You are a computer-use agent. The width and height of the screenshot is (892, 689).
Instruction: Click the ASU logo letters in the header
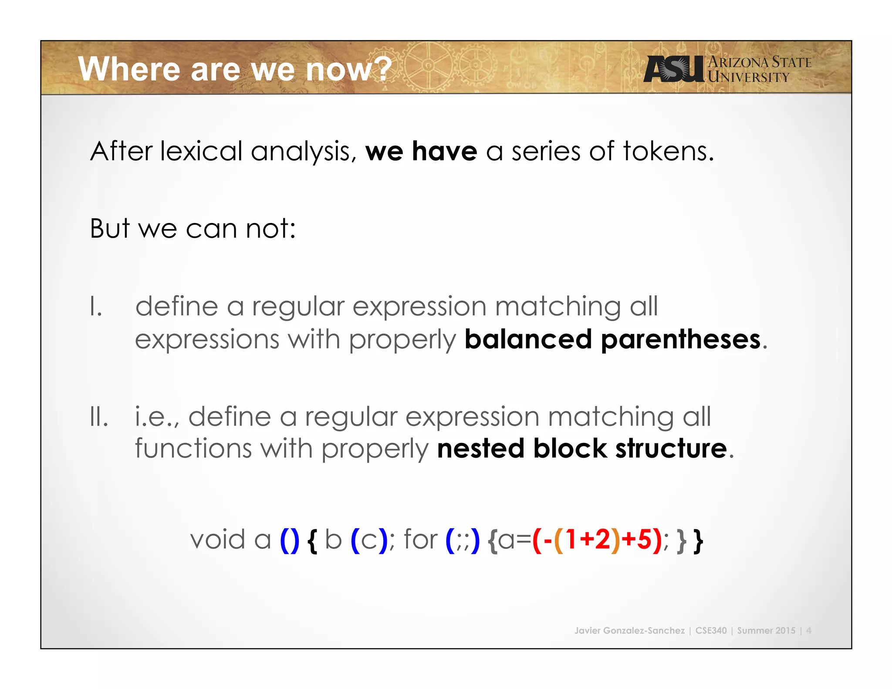(x=673, y=69)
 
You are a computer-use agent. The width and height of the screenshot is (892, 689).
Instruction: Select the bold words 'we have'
(x=421, y=152)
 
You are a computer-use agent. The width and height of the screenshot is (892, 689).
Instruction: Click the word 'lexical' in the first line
(x=201, y=152)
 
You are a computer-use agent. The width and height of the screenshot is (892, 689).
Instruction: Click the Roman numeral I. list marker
(x=96, y=306)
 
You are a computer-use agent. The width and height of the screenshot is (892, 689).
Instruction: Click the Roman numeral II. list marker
(x=99, y=417)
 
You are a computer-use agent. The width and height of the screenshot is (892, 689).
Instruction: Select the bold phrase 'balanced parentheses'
(x=612, y=339)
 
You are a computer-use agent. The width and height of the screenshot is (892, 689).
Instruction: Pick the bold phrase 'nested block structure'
(x=582, y=449)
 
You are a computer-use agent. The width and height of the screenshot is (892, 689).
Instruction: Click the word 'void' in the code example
(x=218, y=540)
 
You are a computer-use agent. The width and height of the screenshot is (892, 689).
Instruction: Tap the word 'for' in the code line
(x=420, y=540)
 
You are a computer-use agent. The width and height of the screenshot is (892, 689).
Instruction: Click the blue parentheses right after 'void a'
(x=290, y=540)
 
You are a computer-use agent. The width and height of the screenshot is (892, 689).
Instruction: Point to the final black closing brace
(x=698, y=541)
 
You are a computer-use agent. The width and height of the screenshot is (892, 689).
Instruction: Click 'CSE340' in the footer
(x=711, y=630)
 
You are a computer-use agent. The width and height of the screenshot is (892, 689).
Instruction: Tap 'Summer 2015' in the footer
(x=766, y=630)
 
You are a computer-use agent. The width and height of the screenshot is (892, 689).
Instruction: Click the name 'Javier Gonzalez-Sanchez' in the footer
(x=629, y=630)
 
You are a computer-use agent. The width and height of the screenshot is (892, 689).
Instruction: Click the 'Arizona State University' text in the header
(x=759, y=69)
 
